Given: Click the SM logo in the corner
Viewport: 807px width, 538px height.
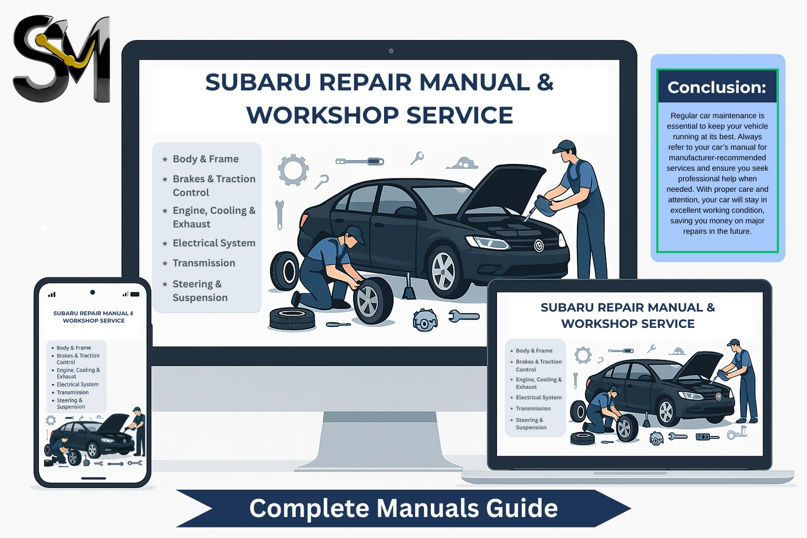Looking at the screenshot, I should click(61, 59).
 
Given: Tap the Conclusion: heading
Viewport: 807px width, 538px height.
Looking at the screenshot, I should click(717, 87).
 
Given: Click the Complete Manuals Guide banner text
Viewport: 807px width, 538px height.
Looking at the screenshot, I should click(403, 508).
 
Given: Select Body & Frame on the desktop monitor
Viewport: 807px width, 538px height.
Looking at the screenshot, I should click(205, 159).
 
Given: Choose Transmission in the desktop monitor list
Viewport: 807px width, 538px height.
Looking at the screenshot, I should click(204, 263).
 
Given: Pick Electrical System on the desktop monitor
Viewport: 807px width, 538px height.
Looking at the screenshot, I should click(214, 243).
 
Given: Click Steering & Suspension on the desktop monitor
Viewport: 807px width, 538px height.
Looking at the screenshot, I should click(200, 290).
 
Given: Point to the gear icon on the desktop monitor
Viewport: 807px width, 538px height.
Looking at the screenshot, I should click(293, 170).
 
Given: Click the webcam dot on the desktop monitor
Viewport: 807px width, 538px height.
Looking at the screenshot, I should click(391, 51).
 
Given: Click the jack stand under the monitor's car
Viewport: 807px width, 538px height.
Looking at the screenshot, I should click(409, 287).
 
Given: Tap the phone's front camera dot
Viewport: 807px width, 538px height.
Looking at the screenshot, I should click(93, 292).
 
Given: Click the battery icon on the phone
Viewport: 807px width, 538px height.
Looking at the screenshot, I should click(134, 294).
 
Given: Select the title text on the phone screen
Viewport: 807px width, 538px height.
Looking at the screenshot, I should click(94, 317).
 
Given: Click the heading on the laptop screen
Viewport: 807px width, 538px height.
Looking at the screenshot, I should click(628, 315).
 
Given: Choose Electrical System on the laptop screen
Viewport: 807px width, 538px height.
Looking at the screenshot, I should click(538, 398).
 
